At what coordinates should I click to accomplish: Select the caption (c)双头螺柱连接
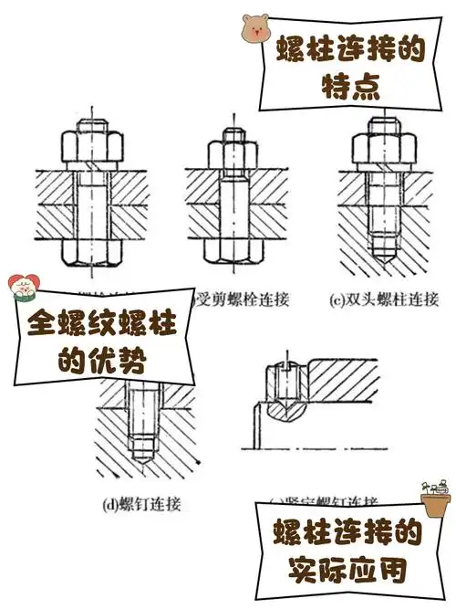click(383, 299)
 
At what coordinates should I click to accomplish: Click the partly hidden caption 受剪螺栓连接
click(238, 299)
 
